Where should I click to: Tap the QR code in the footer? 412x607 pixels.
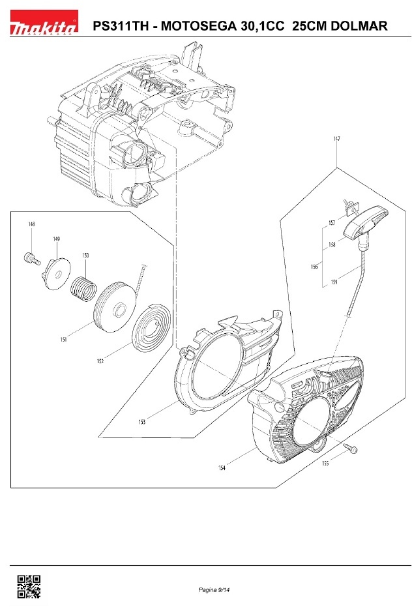tap(29, 586)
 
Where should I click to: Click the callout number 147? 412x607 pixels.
tap(336, 139)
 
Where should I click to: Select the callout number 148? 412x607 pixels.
tap(32, 224)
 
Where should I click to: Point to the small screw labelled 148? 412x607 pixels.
tap(32, 258)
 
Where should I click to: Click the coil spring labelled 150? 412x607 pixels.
tap(83, 288)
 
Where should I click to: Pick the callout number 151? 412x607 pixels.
tap(63, 340)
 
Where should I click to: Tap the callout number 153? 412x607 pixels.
tap(141, 422)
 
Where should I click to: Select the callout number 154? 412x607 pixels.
tap(222, 468)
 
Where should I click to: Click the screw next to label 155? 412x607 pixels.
tap(351, 449)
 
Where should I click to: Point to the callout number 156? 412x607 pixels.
tap(314, 266)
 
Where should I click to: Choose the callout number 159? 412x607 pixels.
tap(334, 282)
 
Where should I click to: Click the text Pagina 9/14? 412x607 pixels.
tap(214, 590)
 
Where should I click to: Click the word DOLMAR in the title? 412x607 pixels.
tap(359, 26)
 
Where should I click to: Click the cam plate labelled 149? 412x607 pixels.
tap(57, 274)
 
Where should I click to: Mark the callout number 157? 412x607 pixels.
tap(332, 223)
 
